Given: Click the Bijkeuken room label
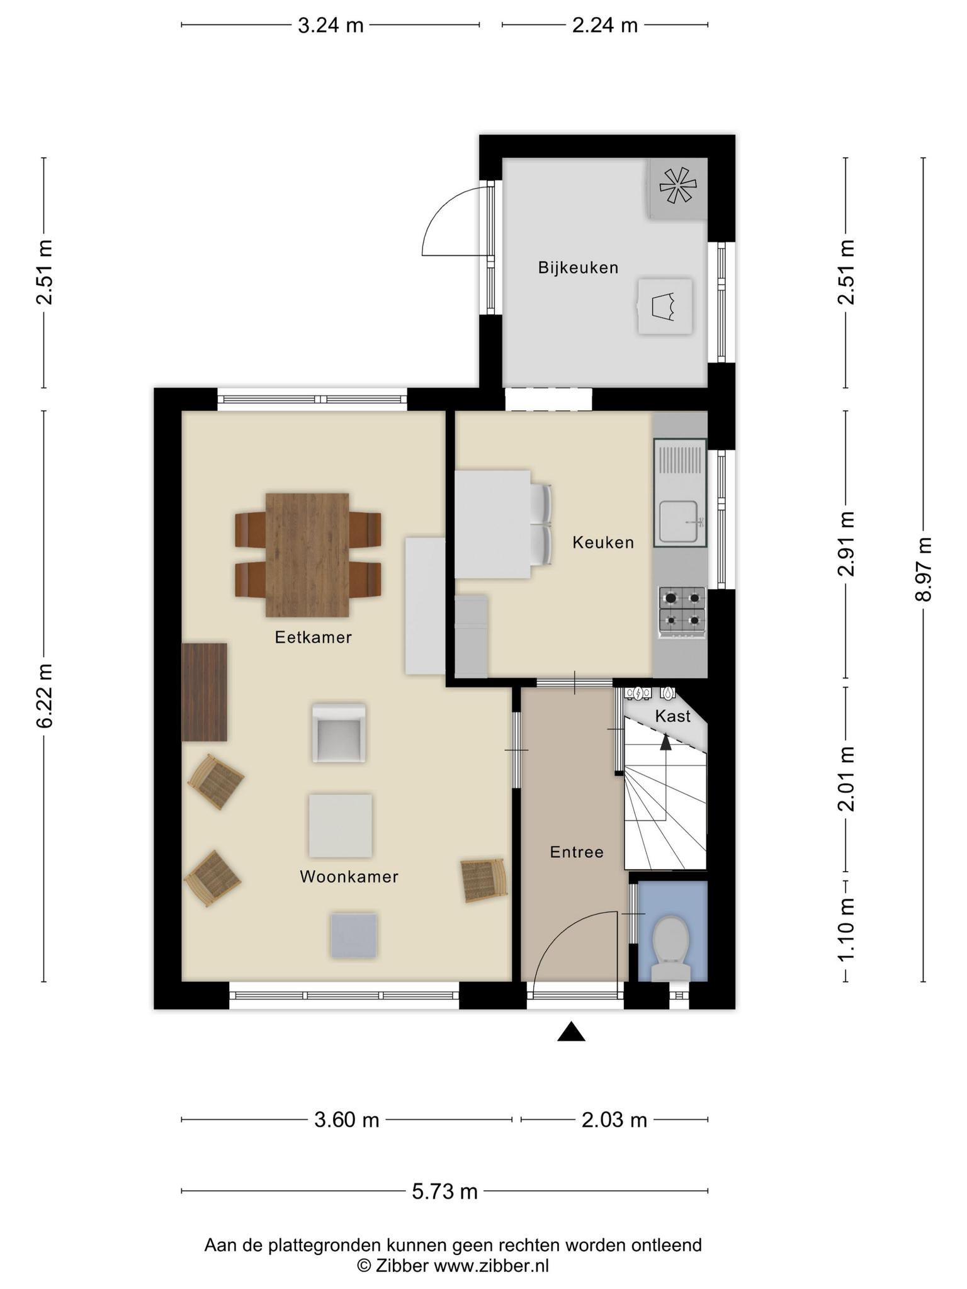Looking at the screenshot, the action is click(578, 268).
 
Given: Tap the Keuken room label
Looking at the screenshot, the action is click(603, 543).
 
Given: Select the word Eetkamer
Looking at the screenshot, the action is click(313, 638).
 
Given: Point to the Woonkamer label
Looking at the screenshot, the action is click(349, 877).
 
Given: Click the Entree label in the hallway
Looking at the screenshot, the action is click(577, 852).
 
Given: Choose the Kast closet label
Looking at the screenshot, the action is click(673, 716).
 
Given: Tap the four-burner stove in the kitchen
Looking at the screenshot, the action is click(682, 611).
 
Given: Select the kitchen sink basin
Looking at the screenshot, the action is click(678, 521).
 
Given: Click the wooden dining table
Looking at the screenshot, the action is click(307, 554).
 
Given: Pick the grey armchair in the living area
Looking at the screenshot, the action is click(339, 733).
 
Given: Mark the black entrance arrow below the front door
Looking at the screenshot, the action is click(571, 1032).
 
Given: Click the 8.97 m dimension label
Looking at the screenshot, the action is click(924, 570).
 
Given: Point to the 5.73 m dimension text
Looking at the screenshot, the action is click(445, 1191).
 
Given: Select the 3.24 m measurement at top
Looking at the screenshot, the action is click(331, 25).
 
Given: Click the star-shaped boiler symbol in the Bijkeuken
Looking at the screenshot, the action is click(678, 187).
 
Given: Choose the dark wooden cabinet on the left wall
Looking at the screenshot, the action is click(204, 692).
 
